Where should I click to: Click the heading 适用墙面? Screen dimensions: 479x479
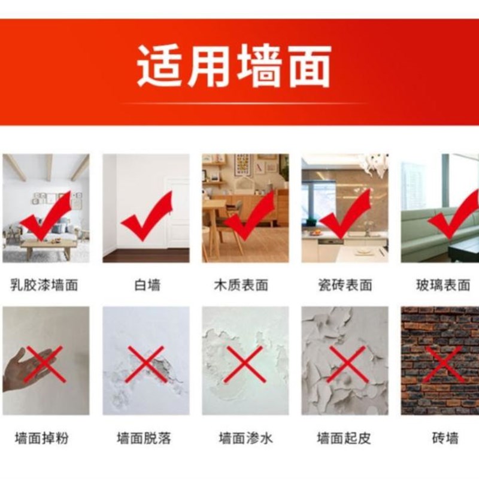pyautogui.click(x=234, y=66)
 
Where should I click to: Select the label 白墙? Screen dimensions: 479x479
pyautogui.click(x=147, y=284)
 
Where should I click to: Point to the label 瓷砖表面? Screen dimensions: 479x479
pyautogui.click(x=344, y=284)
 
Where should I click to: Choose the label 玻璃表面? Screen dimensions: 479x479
pyautogui.click(x=443, y=284)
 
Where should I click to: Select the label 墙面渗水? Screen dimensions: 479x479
pyautogui.click(x=245, y=438)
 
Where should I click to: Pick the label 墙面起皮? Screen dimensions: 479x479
pyautogui.click(x=344, y=438)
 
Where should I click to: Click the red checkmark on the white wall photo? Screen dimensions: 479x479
pyautogui.click(x=147, y=219)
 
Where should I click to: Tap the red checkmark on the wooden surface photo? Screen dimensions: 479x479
pyautogui.click(x=248, y=219)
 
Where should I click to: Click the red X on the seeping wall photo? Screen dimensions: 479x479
pyautogui.click(x=244, y=363)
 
